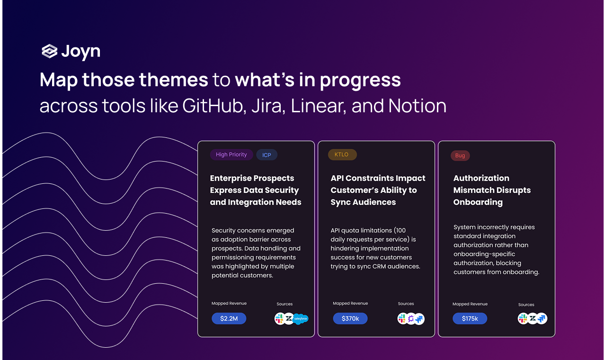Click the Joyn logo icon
tap(49, 51)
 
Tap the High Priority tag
tap(231, 154)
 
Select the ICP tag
tap(266, 155)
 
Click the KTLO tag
tap(342, 154)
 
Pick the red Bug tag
tap(460, 155)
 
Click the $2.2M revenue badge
tap(229, 318)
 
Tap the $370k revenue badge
tap(350, 318)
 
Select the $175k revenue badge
tap(470, 318)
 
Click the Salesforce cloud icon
tap(301, 319)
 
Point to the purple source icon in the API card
tap(411, 319)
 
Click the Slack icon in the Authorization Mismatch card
tap(523, 319)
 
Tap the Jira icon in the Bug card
tap(542, 319)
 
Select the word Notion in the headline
tap(417, 106)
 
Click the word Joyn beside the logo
tap(81, 52)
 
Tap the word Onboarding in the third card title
tap(478, 202)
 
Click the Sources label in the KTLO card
tap(406, 304)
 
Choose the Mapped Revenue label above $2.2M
tap(229, 303)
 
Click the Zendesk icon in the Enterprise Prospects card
tap(289, 319)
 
